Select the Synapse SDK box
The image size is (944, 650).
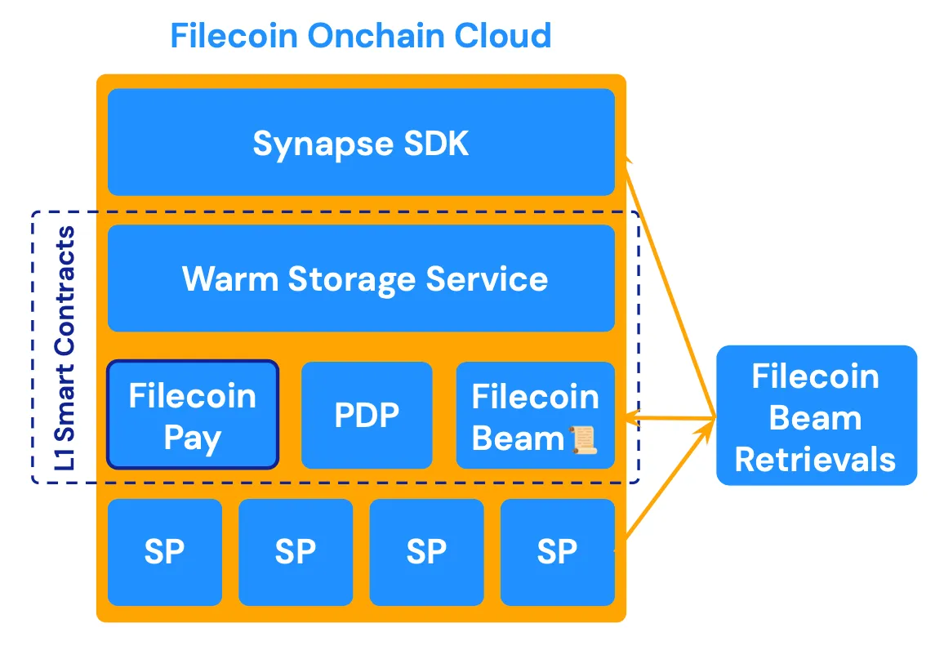click(361, 143)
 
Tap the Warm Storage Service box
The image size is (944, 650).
click(361, 278)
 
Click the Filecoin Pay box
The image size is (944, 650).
click(193, 416)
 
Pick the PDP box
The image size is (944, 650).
click(367, 416)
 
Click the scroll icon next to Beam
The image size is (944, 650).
click(582, 440)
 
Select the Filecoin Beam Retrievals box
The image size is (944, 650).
click(816, 416)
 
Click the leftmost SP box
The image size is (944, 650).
click(165, 553)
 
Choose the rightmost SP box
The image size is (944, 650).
click(557, 553)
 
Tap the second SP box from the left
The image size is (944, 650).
click(296, 553)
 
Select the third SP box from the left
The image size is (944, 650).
click(426, 553)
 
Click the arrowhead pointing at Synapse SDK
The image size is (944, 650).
click(629, 161)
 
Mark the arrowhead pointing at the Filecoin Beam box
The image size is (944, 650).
click(631, 419)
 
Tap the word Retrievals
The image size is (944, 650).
click(816, 459)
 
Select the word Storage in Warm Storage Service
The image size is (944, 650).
click(352, 279)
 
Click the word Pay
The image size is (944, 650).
click(193, 439)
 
